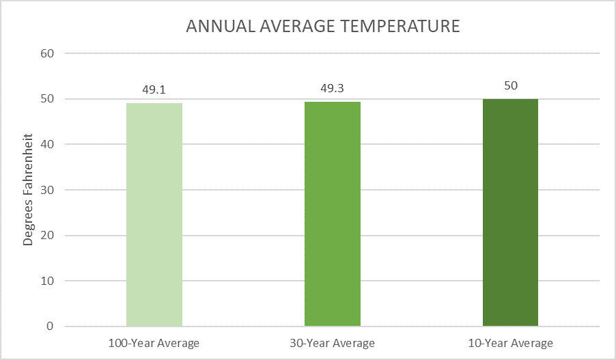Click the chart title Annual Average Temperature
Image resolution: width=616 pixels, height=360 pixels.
[323, 27]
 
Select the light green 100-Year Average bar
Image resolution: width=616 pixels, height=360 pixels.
[154, 214]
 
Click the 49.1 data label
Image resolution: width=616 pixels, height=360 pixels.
[154, 89]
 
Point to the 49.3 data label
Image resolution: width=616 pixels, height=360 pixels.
[333, 88]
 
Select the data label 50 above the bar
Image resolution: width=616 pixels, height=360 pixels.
[510, 85]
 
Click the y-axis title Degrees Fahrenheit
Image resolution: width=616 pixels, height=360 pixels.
[29, 190]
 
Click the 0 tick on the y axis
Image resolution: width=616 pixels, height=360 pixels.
[51, 327]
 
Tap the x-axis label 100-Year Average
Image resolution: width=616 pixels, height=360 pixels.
[154, 343]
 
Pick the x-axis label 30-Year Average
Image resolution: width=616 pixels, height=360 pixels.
[333, 343]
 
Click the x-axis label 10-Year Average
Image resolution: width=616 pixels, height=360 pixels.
[510, 343]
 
